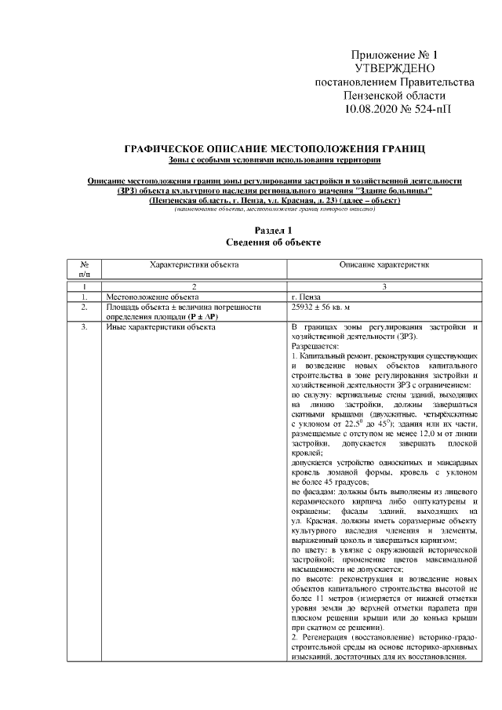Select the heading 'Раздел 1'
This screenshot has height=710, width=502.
(x=275, y=230)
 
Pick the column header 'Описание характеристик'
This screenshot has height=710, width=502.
(x=384, y=266)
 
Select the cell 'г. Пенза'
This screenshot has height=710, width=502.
(x=306, y=298)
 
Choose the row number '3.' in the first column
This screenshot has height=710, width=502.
(x=84, y=326)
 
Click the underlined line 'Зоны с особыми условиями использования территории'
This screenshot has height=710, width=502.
(x=275, y=161)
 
